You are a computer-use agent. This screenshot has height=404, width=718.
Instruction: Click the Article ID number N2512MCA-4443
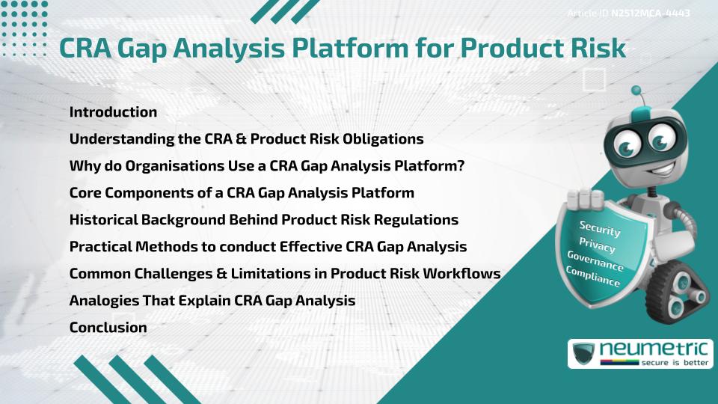649,13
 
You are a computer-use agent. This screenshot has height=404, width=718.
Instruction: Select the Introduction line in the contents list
113,112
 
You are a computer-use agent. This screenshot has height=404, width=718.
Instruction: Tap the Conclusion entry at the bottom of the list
108,327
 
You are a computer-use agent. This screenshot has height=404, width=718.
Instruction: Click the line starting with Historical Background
263,220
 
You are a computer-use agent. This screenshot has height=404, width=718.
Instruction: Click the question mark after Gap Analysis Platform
460,166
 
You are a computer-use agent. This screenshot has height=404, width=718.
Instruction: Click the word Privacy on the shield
597,246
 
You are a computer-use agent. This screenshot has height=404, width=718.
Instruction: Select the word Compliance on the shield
592,278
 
